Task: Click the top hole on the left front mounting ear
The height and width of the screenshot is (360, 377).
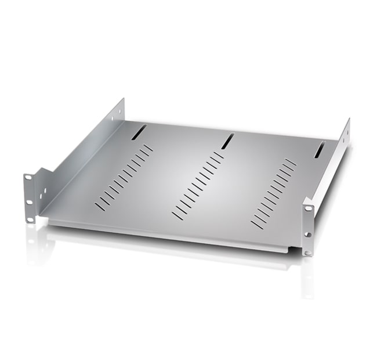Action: click(28, 177)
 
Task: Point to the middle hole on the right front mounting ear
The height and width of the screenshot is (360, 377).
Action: click(307, 234)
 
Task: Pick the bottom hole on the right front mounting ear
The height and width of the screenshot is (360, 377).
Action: click(308, 252)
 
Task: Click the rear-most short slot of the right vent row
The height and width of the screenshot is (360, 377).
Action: click(291, 162)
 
